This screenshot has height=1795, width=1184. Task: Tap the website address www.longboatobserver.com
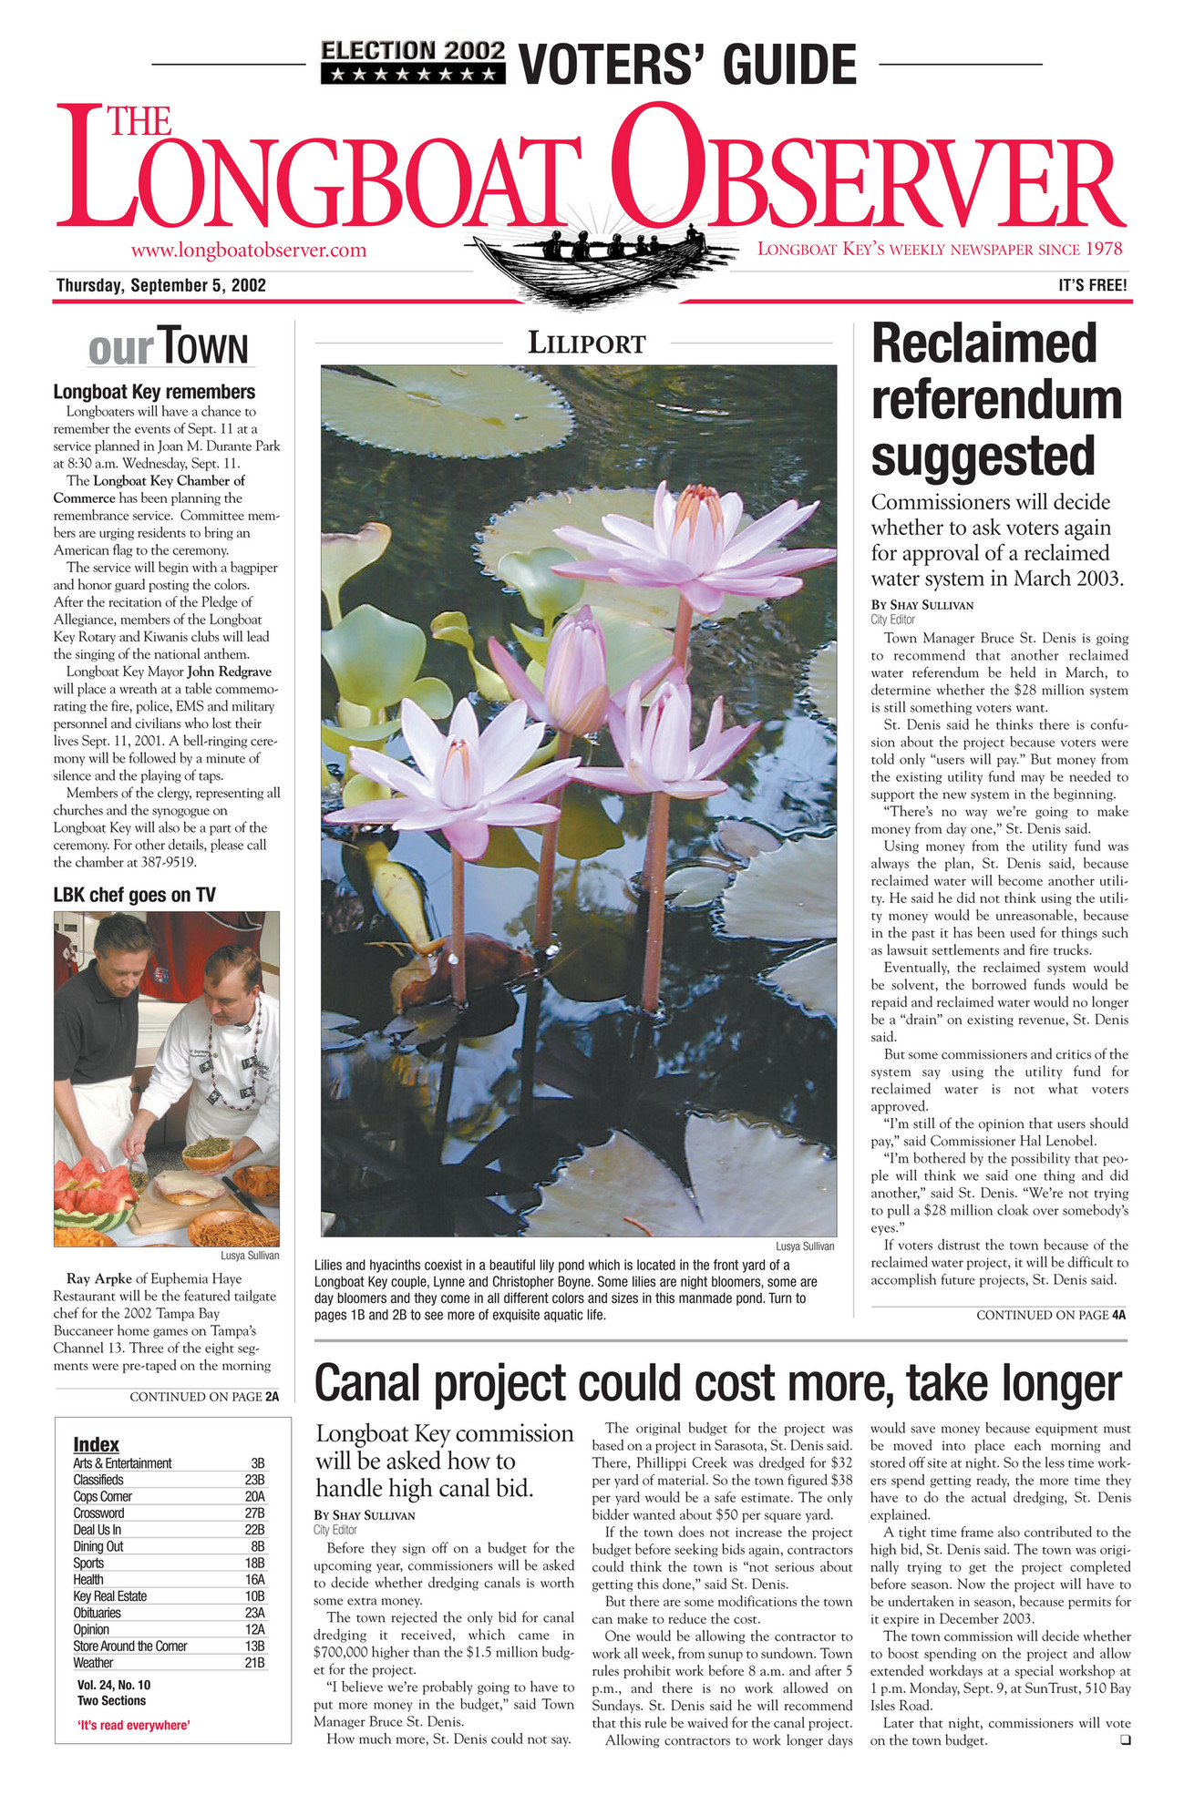coord(249,250)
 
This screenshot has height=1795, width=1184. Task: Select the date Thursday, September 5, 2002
coord(161,285)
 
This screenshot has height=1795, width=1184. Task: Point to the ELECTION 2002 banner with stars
coord(412,62)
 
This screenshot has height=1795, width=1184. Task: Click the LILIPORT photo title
coord(587,344)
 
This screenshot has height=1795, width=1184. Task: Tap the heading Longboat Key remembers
coord(154,392)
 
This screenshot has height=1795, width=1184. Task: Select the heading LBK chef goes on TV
coord(134,895)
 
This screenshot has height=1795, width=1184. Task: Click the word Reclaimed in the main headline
coord(983,344)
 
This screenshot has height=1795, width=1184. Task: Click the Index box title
coord(96,1444)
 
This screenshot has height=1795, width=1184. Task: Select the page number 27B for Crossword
coord(256,1513)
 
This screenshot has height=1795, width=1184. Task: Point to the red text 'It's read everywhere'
coord(133,1725)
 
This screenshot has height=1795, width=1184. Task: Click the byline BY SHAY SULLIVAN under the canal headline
coord(364,1515)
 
